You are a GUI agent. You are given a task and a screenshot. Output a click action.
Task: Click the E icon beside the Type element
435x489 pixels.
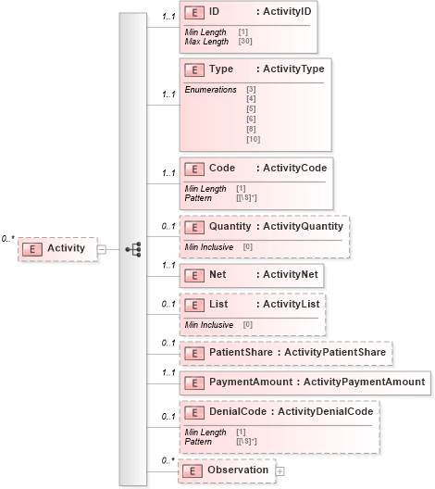pos(194,69)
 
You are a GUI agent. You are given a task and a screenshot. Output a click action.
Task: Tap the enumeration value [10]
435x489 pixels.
pos(253,138)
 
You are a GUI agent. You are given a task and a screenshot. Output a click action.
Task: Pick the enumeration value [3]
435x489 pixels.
pos(251,89)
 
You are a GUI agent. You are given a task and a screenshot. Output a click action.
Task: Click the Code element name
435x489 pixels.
pos(222,169)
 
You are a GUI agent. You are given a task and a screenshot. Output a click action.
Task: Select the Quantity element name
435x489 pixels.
pos(230,226)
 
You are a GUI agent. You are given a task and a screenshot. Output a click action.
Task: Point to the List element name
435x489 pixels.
pos(218,304)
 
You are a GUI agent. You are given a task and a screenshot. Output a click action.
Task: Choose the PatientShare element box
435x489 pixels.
pos(285,352)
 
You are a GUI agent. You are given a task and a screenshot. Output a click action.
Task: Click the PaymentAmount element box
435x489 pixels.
pos(305,382)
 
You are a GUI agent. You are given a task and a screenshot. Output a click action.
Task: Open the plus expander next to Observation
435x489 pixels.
pos(280,470)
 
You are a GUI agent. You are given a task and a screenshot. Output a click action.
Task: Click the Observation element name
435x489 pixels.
pos(238,470)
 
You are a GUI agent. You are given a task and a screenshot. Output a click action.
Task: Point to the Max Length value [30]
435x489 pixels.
pos(246,42)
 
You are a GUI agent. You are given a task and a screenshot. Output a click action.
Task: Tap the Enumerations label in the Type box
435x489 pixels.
pos(210,89)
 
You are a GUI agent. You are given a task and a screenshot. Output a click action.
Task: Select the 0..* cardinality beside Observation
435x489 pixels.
pos(168,460)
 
